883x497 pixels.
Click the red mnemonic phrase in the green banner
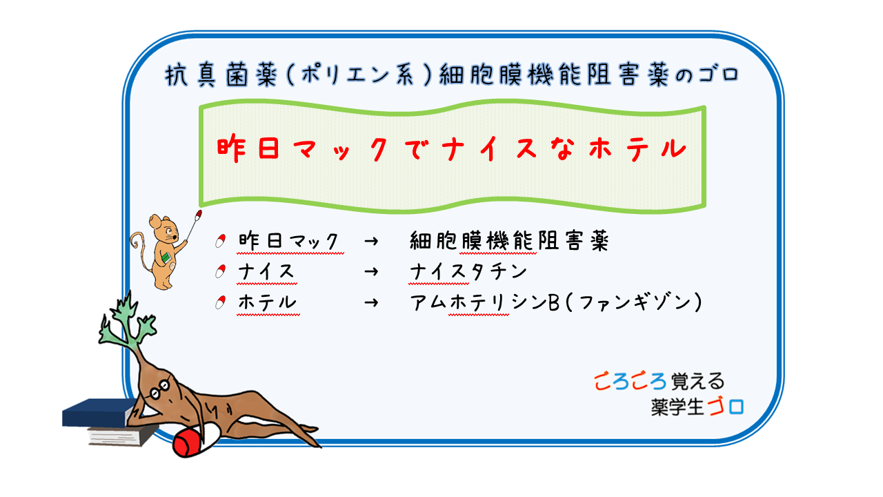click(x=452, y=150)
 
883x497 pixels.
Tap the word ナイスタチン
click(x=468, y=271)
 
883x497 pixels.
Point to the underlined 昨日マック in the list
click(x=289, y=241)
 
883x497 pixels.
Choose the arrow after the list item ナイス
click(x=370, y=272)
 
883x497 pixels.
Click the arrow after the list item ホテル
click(x=370, y=302)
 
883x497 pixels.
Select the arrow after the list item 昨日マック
click(x=370, y=241)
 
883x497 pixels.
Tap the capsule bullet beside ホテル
click(x=221, y=302)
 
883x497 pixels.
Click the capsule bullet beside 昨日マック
click(x=221, y=241)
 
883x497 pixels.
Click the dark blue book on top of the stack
click(x=97, y=413)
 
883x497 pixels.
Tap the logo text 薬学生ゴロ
click(x=697, y=406)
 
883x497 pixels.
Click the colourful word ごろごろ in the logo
click(x=629, y=380)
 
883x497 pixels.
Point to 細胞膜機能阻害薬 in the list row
click(x=509, y=241)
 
